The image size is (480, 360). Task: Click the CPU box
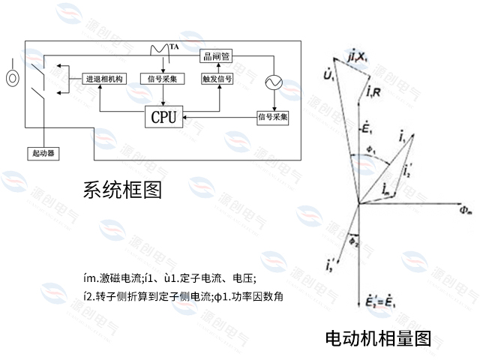point(163,117)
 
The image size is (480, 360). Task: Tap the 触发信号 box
point(217,78)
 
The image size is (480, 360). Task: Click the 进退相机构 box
point(105,78)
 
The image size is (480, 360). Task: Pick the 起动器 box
point(43,153)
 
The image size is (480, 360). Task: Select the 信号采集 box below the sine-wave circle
point(273,117)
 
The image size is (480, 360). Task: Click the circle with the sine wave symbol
point(269,82)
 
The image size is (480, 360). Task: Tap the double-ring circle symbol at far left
point(12,77)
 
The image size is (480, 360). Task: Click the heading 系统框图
point(122,190)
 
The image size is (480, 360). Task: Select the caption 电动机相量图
point(378,337)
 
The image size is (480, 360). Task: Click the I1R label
point(375,92)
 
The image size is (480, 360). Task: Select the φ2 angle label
point(354,241)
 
